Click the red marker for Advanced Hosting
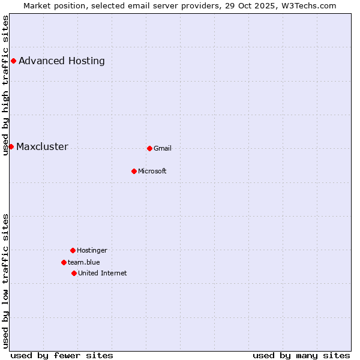pos(13,61)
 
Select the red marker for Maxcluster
pos(11,146)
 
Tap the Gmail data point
pos(149,148)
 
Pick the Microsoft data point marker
pos(134,171)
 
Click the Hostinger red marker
pos(73,250)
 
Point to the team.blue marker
pos(64,262)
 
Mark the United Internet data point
pos(74,273)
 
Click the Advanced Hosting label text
pos(62,61)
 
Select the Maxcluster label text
pos(42,147)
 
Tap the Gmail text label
pos(163,148)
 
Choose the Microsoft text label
pos(152,171)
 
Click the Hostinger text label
pos(92,250)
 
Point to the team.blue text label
pos(84,262)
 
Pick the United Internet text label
pos(103,273)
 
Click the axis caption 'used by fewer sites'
pos(62,355)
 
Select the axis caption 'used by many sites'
pos(301,355)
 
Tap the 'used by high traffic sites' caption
pos(5,85)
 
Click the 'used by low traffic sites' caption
pos(5,281)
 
